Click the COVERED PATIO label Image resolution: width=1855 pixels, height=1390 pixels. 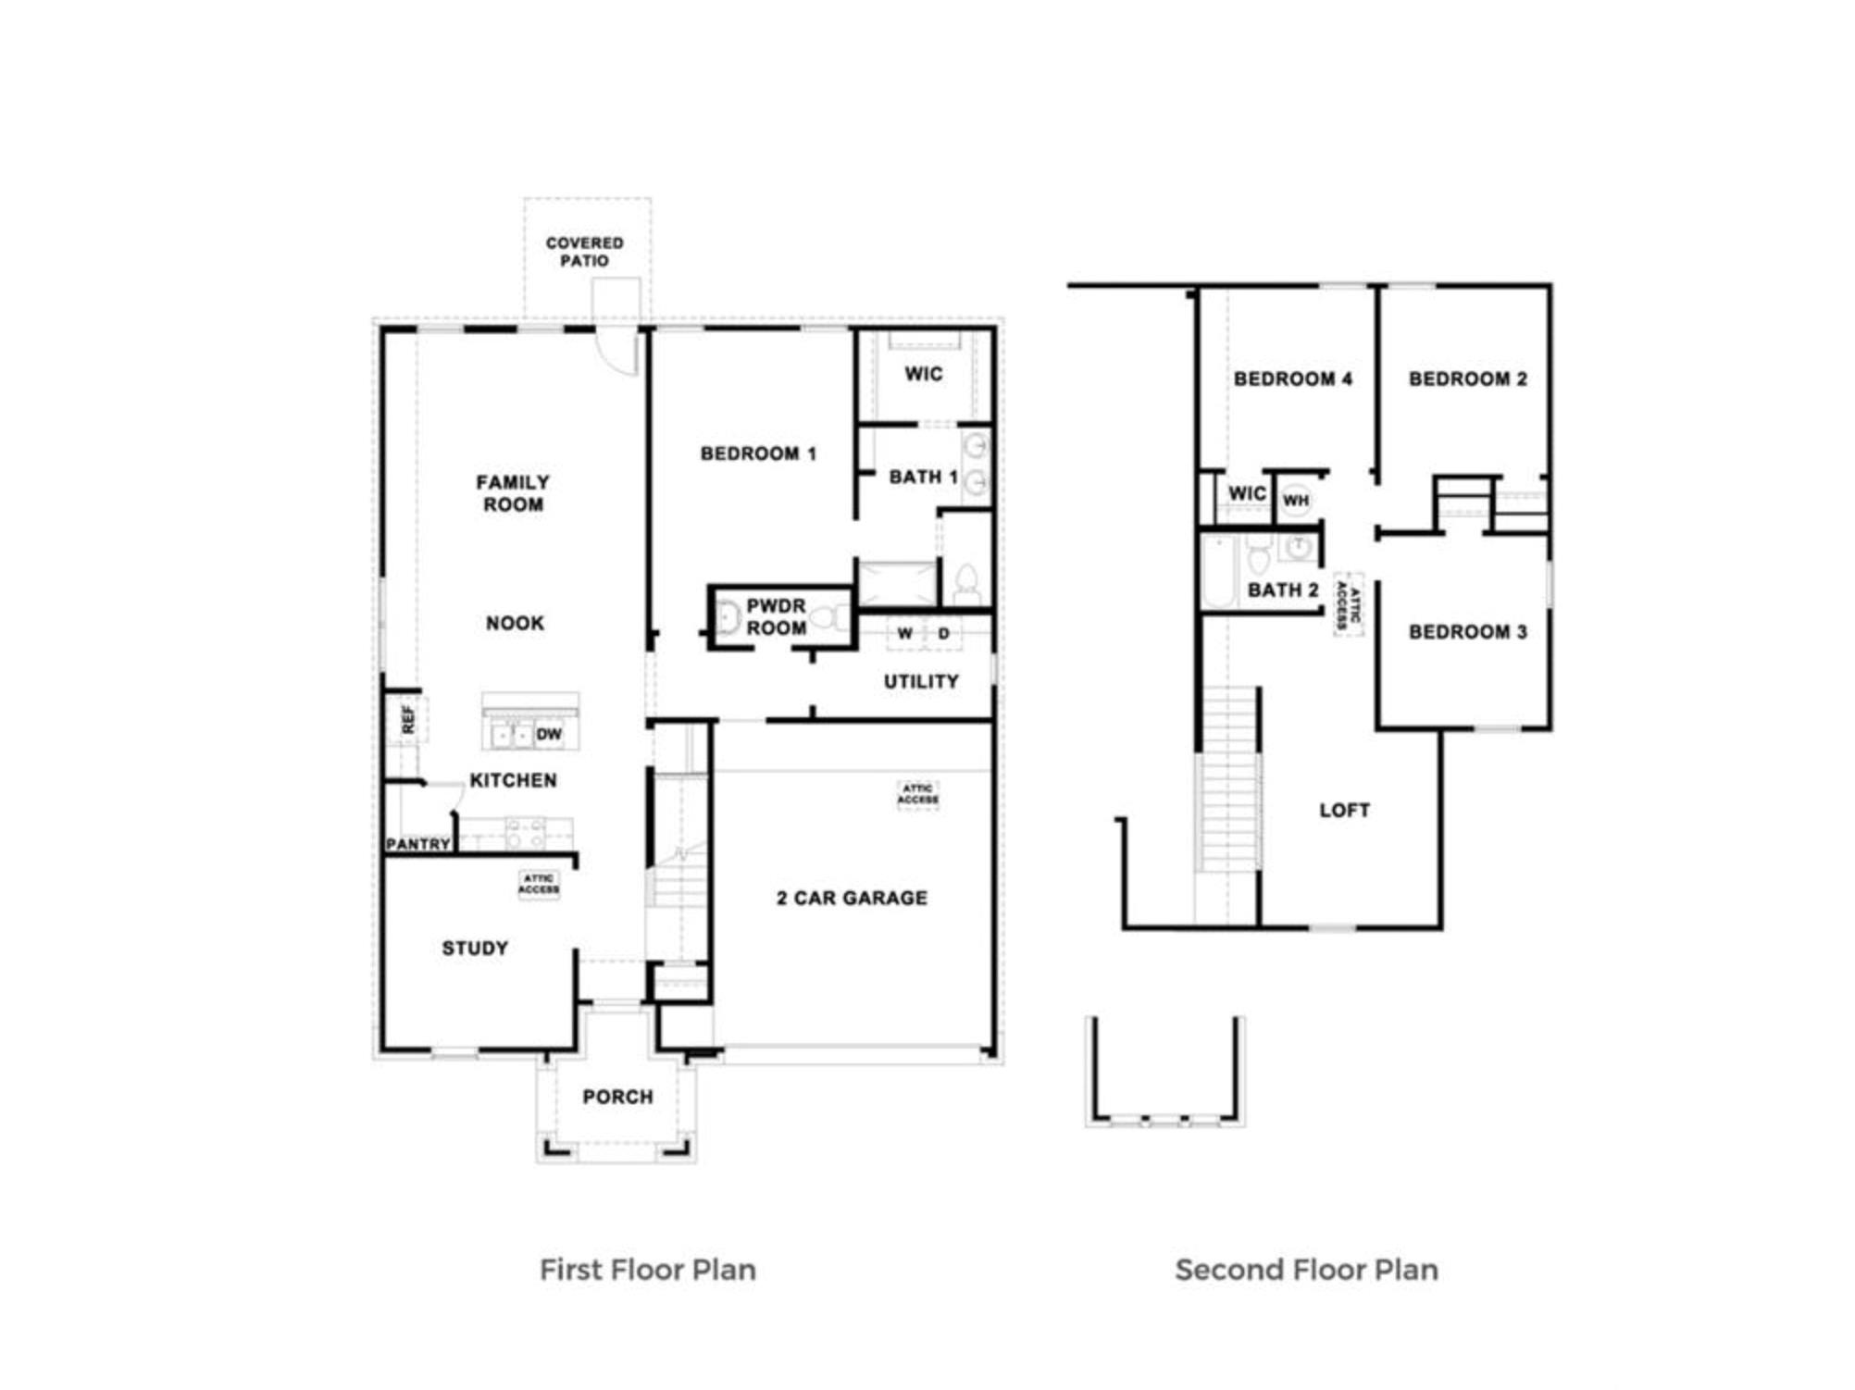[x=584, y=252]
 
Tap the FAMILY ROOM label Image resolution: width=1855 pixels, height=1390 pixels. [x=513, y=493]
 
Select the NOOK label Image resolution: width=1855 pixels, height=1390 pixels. [x=515, y=623]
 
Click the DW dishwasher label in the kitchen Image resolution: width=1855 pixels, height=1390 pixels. [x=549, y=734]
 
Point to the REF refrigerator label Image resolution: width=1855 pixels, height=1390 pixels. [x=408, y=720]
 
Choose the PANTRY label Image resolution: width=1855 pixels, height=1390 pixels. [x=418, y=844]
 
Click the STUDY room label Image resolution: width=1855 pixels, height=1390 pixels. [x=475, y=948]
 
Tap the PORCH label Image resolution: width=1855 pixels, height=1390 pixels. [x=617, y=1097]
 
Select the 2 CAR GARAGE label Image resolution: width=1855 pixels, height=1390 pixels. [x=852, y=898]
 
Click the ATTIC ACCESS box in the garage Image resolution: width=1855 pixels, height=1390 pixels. [x=918, y=794]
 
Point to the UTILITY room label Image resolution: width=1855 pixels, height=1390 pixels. [x=921, y=682]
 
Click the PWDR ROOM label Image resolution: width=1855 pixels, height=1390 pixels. [x=776, y=616]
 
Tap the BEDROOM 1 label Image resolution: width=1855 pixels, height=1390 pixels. [x=758, y=453]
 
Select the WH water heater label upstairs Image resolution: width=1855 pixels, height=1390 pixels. [x=1296, y=501]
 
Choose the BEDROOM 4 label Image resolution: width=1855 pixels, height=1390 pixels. [x=1293, y=379]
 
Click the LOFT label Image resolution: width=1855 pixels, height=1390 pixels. [x=1344, y=811]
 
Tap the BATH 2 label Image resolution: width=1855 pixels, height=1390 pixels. [x=1283, y=590]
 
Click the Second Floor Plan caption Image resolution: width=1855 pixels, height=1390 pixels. [x=1306, y=1270]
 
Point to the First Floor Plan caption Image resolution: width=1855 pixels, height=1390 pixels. [x=648, y=1270]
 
